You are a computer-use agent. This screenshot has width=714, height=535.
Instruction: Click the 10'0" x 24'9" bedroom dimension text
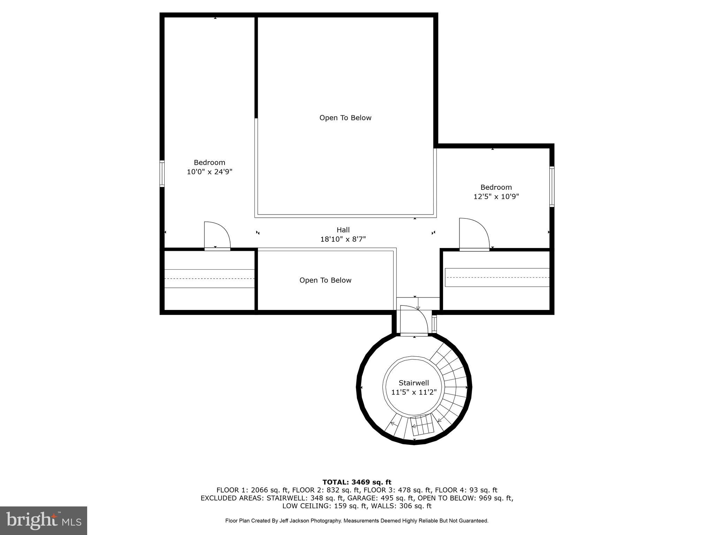pyautogui.click(x=210, y=172)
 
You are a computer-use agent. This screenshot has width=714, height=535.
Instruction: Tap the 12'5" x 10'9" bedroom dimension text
pyautogui.click(x=496, y=196)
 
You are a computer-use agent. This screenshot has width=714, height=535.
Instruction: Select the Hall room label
pyautogui.click(x=343, y=230)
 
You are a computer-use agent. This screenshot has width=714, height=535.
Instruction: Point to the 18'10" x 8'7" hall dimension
pyautogui.click(x=343, y=239)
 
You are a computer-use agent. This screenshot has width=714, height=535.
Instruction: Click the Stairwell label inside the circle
pyautogui.click(x=414, y=383)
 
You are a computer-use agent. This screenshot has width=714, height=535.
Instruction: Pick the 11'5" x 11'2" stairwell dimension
pyautogui.click(x=414, y=392)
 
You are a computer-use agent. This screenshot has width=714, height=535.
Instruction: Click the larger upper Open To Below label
pyautogui.click(x=345, y=118)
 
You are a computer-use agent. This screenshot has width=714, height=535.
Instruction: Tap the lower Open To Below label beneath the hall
pyautogui.click(x=325, y=280)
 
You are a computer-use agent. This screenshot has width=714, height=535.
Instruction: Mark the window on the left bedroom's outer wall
pyautogui.click(x=162, y=173)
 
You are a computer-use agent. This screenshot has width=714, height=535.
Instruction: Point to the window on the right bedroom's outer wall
pyautogui.click(x=552, y=187)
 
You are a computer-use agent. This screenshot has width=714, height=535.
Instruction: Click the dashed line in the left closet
pyautogui.click(x=209, y=279)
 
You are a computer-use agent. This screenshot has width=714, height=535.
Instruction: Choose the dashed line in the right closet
pyautogui.click(x=497, y=277)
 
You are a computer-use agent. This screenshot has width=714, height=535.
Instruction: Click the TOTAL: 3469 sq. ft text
pyautogui.click(x=357, y=482)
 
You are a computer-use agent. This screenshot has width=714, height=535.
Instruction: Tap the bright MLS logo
pyautogui.click(x=44, y=521)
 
